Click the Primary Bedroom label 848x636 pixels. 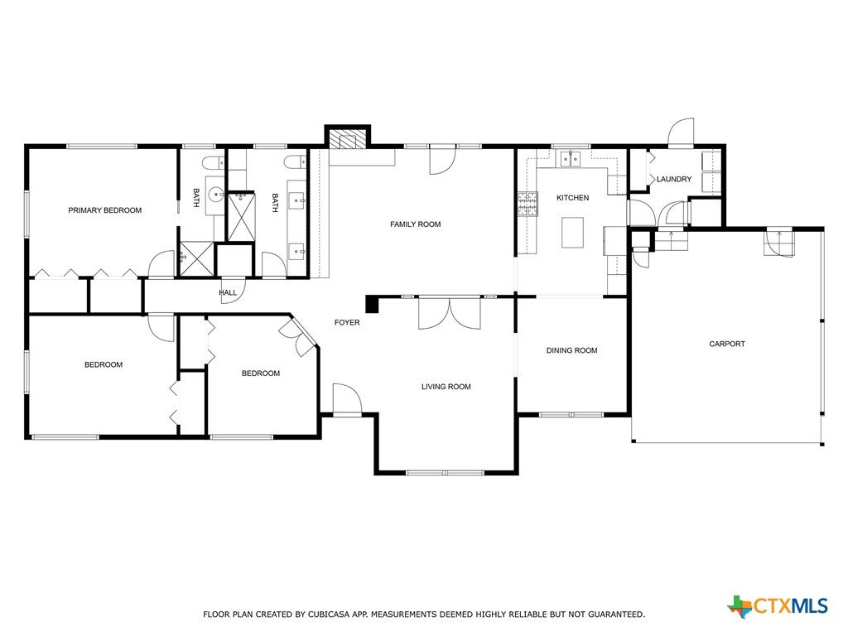tap(105, 210)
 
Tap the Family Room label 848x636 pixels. tap(416, 224)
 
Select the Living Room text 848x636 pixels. tap(446, 387)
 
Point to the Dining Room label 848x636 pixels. tap(571, 350)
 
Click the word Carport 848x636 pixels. tap(727, 344)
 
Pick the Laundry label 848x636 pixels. tap(674, 179)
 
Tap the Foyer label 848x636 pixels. tap(347, 322)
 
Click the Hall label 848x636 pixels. tap(228, 292)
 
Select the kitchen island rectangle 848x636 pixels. tap(572, 233)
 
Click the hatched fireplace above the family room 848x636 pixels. tap(347, 139)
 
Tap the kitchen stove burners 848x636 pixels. tap(528, 204)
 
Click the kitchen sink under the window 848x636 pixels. tap(571, 158)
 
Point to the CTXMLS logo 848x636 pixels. tap(778, 606)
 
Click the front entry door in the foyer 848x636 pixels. tap(347, 399)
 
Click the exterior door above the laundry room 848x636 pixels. tap(681, 132)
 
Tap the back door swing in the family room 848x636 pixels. tap(442, 161)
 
